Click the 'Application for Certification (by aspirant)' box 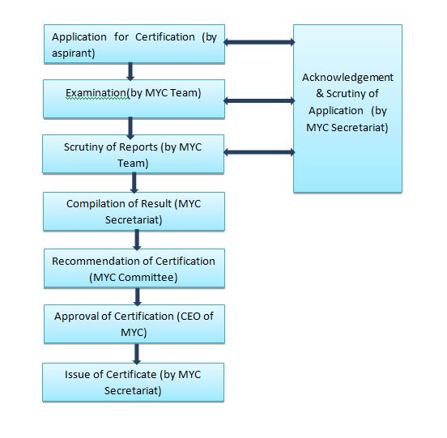pyautogui.click(x=134, y=45)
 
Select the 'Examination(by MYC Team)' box pyautogui.click(x=134, y=99)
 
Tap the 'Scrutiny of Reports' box pyautogui.click(x=133, y=154)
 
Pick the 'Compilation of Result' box pyautogui.click(x=134, y=211)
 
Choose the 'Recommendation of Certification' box pyautogui.click(x=134, y=269)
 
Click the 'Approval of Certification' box pyautogui.click(x=134, y=324)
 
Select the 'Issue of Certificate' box pyautogui.click(x=133, y=382)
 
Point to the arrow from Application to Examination pyautogui.click(x=130, y=71)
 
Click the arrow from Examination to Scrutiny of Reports pyautogui.click(x=130, y=128)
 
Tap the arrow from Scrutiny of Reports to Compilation pyautogui.click(x=134, y=183)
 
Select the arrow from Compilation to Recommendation pyautogui.click(x=137, y=240)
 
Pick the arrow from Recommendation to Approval pyautogui.click(x=138, y=296)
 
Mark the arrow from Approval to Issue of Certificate pyautogui.click(x=137, y=354)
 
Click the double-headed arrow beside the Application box pyautogui.click(x=259, y=42)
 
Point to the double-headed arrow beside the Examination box pyautogui.click(x=259, y=100)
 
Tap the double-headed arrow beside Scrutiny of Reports pyautogui.click(x=259, y=152)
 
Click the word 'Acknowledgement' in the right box pyautogui.click(x=347, y=78)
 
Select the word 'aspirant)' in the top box pyautogui.click(x=73, y=53)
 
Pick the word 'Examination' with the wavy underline pyautogui.click(x=96, y=93)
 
